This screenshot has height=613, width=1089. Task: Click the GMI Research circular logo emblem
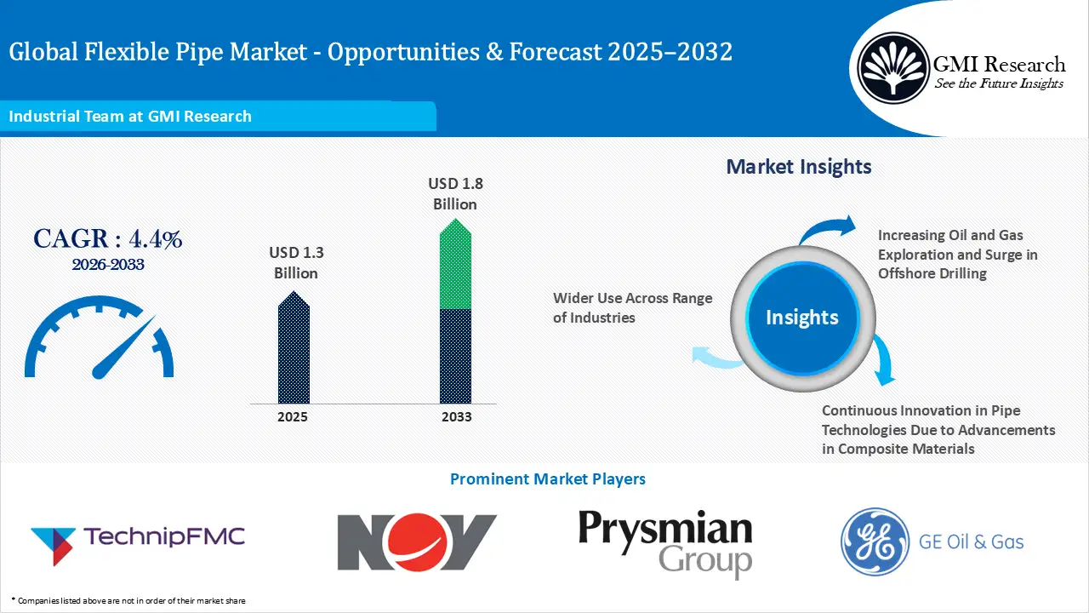[893, 68]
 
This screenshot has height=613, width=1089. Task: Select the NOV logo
[417, 541]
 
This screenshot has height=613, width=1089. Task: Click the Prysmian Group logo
[665, 543]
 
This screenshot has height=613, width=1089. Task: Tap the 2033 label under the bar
[455, 417]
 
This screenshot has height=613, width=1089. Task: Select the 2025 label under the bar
[293, 417]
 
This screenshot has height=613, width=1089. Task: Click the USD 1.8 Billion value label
[455, 193]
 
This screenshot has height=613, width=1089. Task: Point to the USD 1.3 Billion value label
[296, 262]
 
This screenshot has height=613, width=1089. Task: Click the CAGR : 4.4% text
[108, 239]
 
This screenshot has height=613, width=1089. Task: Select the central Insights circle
[801, 318]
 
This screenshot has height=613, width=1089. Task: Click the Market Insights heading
[799, 166]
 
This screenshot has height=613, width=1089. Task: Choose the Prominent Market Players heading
[547, 479]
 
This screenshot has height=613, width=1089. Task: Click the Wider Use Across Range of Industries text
[632, 307]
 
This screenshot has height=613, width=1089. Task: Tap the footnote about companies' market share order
[128, 601]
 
